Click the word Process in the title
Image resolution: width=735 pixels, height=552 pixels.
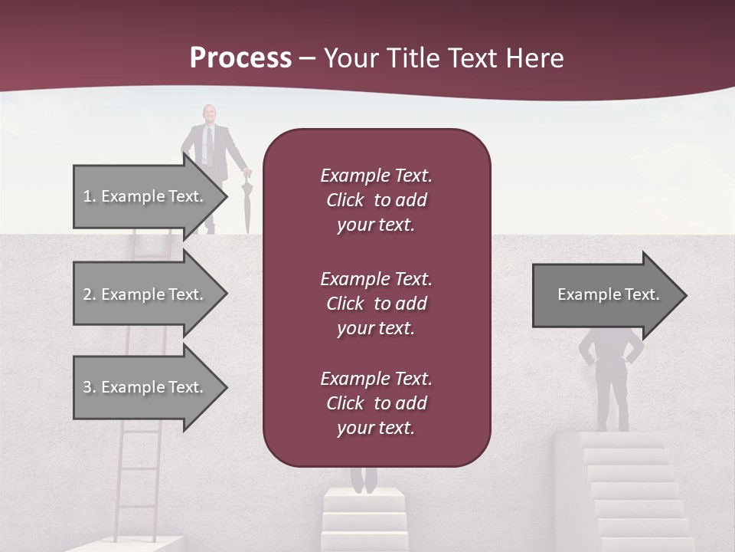pyautogui.click(x=240, y=58)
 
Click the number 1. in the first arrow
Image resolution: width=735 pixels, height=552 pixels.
pyautogui.click(x=90, y=196)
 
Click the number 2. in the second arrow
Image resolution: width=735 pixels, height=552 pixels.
pyautogui.click(x=90, y=294)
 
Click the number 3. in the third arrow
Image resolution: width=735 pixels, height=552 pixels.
pyautogui.click(x=90, y=387)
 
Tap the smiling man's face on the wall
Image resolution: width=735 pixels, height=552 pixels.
pyautogui.click(x=208, y=114)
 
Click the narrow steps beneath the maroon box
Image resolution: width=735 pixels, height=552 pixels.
pyautogui.click(x=364, y=521)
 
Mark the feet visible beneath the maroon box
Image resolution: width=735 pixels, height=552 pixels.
pyautogui.click(x=364, y=479)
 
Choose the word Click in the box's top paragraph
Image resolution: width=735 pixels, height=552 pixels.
pyautogui.click(x=345, y=200)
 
